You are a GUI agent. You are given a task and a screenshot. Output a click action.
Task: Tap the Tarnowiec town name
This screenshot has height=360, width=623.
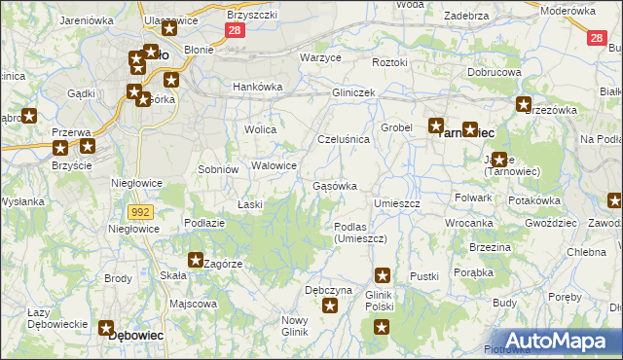pos(469,133)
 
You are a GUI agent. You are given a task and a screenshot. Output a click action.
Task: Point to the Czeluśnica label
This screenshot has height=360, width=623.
pos(344,139)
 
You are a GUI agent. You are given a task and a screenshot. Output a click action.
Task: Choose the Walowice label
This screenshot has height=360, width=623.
pos(274,165)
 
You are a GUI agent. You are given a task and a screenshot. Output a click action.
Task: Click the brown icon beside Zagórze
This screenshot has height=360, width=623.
pos(196,260)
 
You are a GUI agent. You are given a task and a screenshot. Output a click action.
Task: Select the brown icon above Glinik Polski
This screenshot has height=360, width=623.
pos(384,276)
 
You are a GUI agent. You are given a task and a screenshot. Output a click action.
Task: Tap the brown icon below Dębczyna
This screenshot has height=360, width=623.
pos(330,306)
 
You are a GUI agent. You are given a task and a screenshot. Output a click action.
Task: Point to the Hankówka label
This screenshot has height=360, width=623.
pos(257,87)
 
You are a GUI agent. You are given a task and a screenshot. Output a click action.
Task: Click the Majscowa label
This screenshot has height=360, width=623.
pos(193,304)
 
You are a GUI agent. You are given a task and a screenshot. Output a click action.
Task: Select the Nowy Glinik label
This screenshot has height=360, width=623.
pos(294,326)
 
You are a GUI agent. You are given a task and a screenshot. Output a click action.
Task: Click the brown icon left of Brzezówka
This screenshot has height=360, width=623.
pos(524,105)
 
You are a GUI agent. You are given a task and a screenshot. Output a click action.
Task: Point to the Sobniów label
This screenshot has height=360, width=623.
pos(218,169)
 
